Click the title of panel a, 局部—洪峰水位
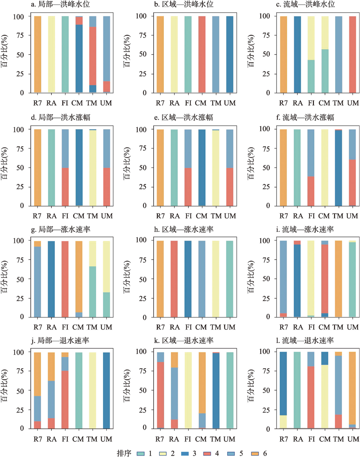tap(60, 5)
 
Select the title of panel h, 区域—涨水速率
tap(184, 229)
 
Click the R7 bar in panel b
tap(160, 54)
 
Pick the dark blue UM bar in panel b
tap(229, 54)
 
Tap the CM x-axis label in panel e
tap(202, 216)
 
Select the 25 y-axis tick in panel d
tap(21, 187)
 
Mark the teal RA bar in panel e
tap(174, 168)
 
